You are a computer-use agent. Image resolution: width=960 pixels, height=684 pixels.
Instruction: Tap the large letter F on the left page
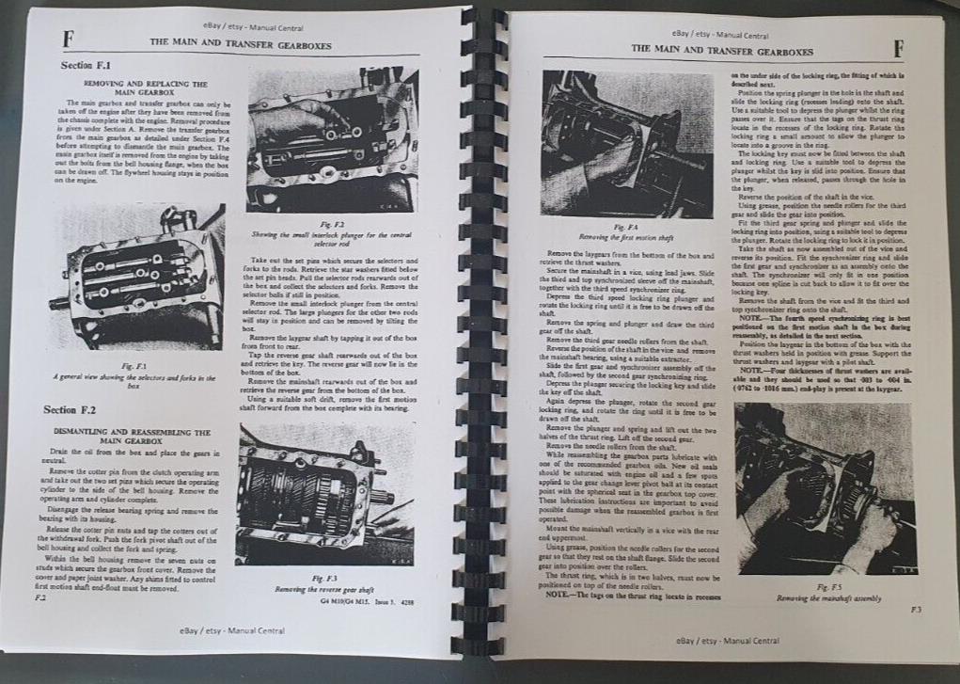tap(67, 40)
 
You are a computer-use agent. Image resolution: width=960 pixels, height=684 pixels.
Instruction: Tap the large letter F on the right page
tap(899, 47)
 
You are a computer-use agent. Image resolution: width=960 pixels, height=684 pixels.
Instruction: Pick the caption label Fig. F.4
tap(622, 228)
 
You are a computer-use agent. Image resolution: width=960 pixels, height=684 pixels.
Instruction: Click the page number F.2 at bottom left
tap(39, 597)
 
